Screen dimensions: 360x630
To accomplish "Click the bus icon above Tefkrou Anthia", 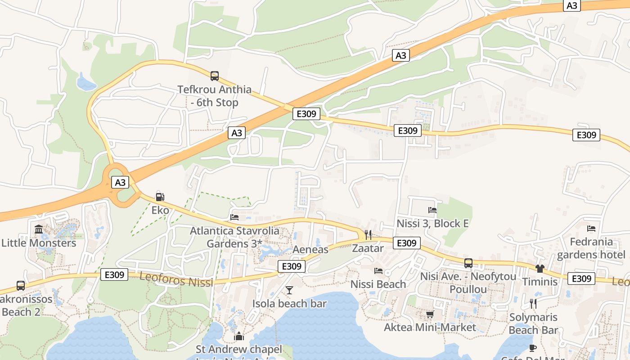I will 215,76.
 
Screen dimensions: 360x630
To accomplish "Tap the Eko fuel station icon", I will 160,197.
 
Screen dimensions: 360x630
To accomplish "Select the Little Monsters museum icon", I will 39,229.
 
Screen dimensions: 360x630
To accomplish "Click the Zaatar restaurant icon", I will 368,234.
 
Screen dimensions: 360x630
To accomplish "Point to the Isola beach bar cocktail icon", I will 289,290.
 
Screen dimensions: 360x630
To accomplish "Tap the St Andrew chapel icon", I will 239,336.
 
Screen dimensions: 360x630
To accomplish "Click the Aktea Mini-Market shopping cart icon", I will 430,314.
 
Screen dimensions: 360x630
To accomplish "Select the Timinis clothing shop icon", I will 540,269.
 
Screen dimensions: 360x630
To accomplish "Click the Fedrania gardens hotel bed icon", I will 591,229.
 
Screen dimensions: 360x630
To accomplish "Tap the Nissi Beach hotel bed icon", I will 378,271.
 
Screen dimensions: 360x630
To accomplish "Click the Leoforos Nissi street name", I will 176,280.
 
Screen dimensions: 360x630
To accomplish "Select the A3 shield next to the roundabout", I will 120,182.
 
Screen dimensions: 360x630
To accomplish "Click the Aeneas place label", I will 310,249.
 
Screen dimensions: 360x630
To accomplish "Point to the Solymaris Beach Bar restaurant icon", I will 533,304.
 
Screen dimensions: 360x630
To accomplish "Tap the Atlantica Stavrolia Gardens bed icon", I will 234,217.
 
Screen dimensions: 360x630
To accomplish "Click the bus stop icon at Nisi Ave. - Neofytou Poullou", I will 468,263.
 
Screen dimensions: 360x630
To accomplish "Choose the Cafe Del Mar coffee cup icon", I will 533,348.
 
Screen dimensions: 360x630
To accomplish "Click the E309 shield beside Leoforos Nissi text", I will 114,274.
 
